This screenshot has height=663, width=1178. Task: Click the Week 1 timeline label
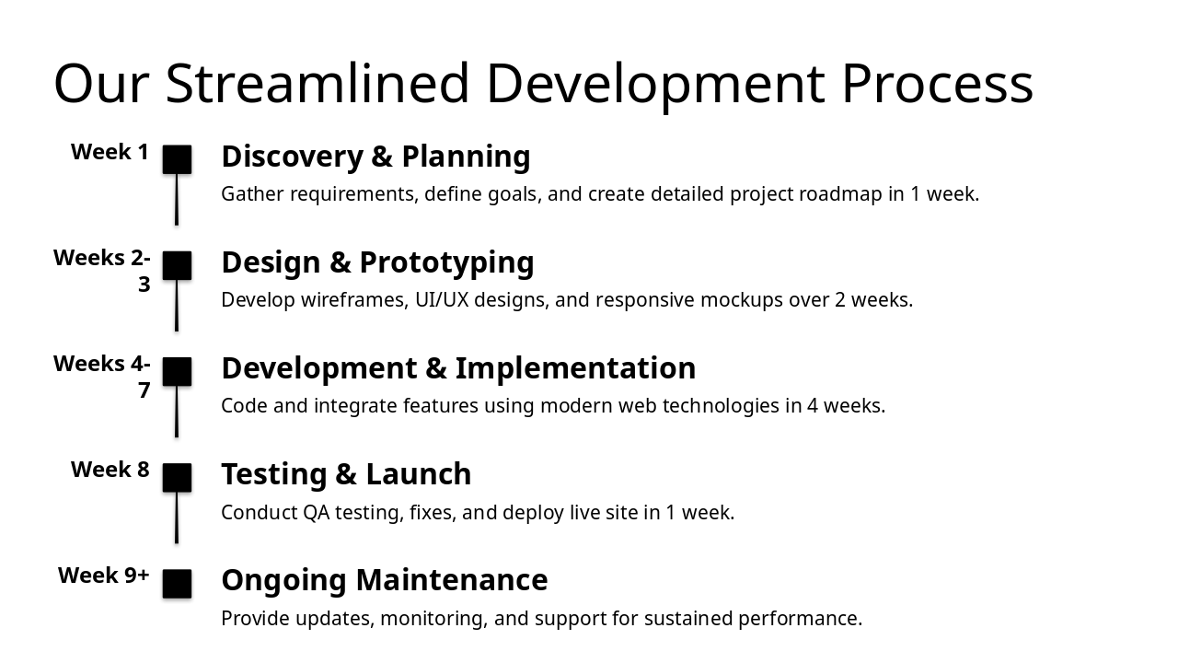[x=110, y=152]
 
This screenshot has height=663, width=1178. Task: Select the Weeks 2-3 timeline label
[x=102, y=271]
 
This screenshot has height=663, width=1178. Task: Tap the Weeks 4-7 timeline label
[x=102, y=377]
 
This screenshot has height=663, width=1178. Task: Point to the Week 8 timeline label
[x=110, y=470]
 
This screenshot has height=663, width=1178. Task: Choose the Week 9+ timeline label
[x=104, y=576]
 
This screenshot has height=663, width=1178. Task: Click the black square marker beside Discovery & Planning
[x=177, y=159]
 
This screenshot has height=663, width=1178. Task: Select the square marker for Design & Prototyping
[x=177, y=265]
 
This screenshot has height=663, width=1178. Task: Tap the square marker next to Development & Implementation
[x=177, y=371]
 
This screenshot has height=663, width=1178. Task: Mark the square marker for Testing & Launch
[x=177, y=477]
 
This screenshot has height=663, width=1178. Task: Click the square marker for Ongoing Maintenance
[x=177, y=584]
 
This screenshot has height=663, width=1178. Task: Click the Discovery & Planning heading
[x=375, y=157]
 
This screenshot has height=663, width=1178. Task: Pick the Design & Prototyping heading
[x=377, y=262]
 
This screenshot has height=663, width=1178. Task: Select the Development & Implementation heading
[x=458, y=368]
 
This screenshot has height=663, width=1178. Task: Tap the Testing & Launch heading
[x=346, y=474]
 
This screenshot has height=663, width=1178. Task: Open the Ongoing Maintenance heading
[x=384, y=580]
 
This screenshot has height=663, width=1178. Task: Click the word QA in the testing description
[x=316, y=513]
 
